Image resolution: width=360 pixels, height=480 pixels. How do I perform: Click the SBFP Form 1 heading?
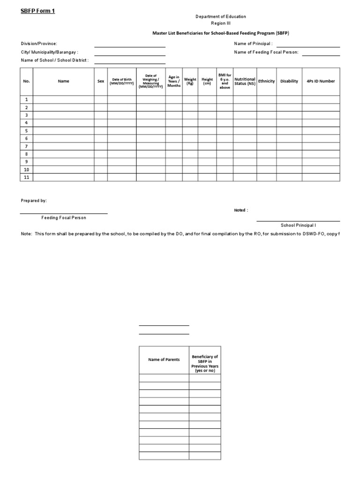(x=37, y=11)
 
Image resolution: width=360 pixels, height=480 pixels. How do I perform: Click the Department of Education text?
(x=220, y=16)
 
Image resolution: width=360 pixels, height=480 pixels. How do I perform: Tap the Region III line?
(x=220, y=23)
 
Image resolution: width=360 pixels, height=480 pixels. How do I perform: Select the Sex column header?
(x=101, y=81)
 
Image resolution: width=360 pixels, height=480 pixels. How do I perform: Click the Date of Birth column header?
(x=122, y=81)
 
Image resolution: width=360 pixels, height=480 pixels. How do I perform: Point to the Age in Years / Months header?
(x=174, y=81)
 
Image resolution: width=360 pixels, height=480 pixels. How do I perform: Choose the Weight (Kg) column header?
(x=190, y=81)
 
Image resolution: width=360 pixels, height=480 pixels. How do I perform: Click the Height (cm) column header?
(x=207, y=81)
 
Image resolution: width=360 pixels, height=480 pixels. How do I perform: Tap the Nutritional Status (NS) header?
(x=245, y=81)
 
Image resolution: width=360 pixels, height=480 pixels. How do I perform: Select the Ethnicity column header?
(x=266, y=81)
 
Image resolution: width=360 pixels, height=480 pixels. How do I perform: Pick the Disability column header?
(x=289, y=81)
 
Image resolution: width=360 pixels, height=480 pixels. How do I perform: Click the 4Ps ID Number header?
(x=321, y=81)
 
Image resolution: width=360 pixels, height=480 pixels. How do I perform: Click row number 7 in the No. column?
(x=26, y=146)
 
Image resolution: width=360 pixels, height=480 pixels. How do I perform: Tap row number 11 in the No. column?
(x=26, y=177)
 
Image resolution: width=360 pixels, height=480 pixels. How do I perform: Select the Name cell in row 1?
(x=63, y=99)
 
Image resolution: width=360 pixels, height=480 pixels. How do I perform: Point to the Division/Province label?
(x=39, y=44)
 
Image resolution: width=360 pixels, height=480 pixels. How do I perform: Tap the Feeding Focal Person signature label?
(x=63, y=217)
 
